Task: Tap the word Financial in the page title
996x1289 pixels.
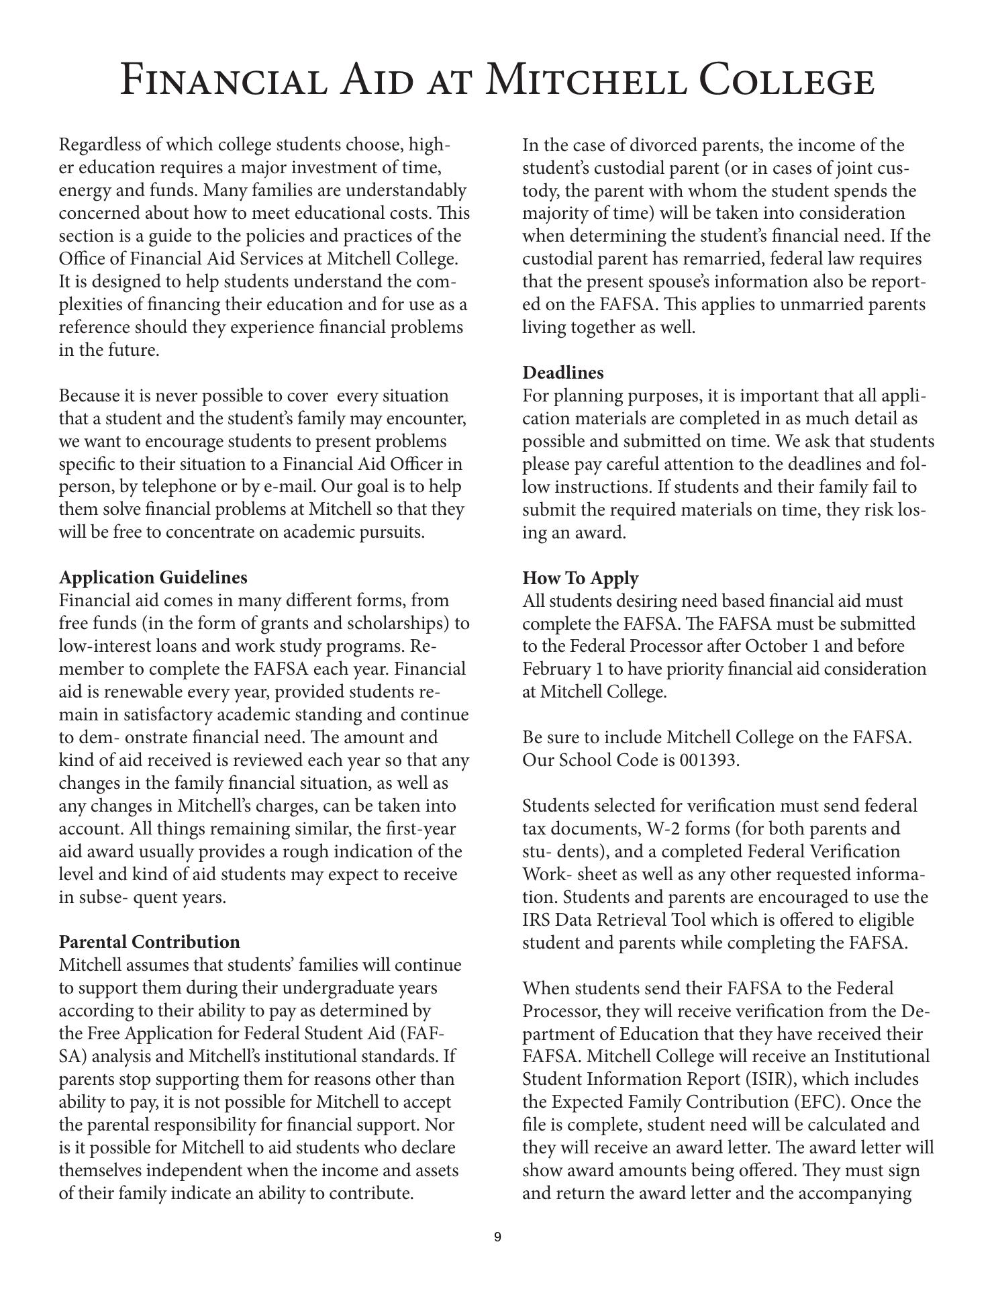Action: click(224, 80)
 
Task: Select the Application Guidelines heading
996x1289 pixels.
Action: click(153, 577)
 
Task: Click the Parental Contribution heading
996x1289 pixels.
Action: click(149, 942)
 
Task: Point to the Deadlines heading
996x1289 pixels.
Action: click(563, 373)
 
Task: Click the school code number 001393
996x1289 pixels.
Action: click(708, 761)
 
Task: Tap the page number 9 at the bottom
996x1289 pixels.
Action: click(497, 1237)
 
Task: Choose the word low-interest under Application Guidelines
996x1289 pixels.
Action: click(109, 647)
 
